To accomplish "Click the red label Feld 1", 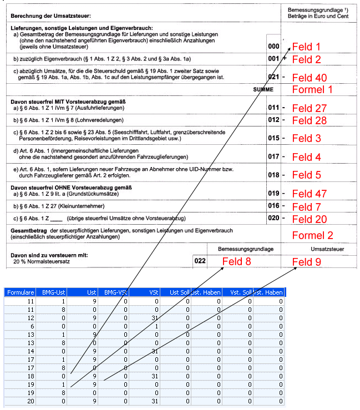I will [x=306, y=47].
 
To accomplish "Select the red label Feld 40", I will [x=309, y=78].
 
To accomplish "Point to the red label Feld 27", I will [x=309, y=108].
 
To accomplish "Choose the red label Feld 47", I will [x=309, y=194].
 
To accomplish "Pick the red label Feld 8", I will [x=236, y=261].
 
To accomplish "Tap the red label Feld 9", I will [x=306, y=261].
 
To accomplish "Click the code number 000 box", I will [x=273, y=47].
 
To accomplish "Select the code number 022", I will [x=200, y=260].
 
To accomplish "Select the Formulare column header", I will [x=21, y=292].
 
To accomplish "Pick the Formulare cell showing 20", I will [x=31, y=401].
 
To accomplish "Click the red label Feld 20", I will [x=309, y=219].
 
